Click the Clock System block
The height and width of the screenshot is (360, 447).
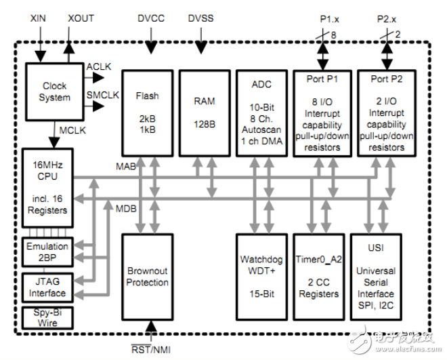pyautogui.click(x=55, y=92)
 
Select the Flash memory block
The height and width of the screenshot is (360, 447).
pyautogui.click(x=147, y=113)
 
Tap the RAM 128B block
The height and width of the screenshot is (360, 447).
pyautogui.click(x=205, y=113)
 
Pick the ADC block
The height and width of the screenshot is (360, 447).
pyautogui.click(x=261, y=113)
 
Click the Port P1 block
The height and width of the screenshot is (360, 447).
pyautogui.click(x=319, y=113)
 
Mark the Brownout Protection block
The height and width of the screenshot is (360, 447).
pyautogui.click(x=147, y=277)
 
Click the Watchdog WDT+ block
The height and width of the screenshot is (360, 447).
pyautogui.click(x=261, y=277)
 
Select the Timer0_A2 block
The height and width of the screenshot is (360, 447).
pyautogui.click(x=319, y=277)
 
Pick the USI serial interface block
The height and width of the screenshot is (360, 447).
pyautogui.click(x=376, y=277)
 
